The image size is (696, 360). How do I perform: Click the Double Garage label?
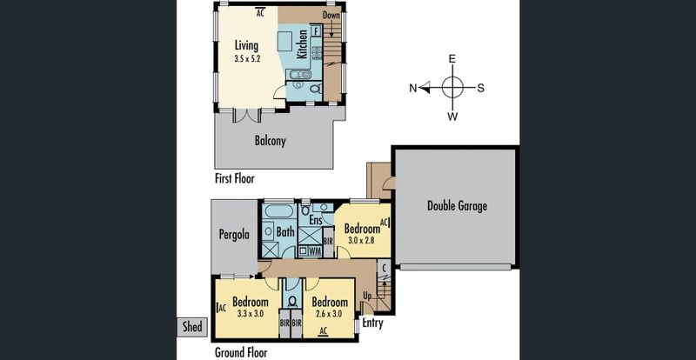tap(457, 206)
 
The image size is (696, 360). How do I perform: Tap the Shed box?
tap(192, 327)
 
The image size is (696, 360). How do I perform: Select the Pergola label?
tap(234, 235)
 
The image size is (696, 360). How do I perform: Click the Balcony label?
tap(270, 141)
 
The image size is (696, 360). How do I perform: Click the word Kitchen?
tap(302, 44)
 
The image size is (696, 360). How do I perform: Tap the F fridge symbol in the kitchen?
tap(316, 30)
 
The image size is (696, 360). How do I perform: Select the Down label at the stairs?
tap(331, 15)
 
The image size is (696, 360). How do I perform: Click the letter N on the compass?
tap(412, 88)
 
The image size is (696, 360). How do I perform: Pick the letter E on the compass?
tap(452, 59)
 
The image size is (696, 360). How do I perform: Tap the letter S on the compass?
tap(480, 88)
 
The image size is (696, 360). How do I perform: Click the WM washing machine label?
tap(315, 251)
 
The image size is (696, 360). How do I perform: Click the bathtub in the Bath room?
tap(278, 210)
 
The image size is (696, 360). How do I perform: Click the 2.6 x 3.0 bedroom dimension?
tap(330, 314)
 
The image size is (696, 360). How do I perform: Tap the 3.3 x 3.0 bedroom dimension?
tap(251, 314)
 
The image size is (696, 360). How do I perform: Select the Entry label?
tap(372, 323)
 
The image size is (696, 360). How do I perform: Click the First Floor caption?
tap(235, 179)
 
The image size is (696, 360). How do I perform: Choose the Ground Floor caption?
tap(241, 353)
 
